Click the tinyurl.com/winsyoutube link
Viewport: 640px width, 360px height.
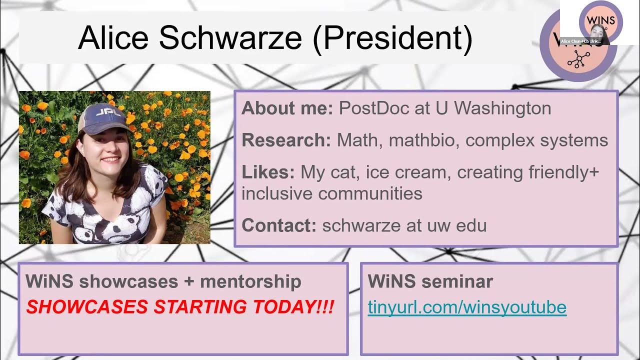pyautogui.click(x=467, y=307)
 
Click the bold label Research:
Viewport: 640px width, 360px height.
pyautogui.click(x=286, y=140)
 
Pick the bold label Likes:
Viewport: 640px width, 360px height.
pyautogui.click(x=268, y=172)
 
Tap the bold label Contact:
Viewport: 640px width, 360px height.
pyautogui.click(x=278, y=225)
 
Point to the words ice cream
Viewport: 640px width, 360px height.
pyautogui.click(x=406, y=172)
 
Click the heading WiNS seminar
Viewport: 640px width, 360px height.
pyautogui.click(x=430, y=281)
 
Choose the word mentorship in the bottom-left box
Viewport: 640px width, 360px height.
pyautogui.click(x=250, y=281)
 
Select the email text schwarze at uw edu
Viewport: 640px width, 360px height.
pyautogui.click(x=404, y=225)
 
